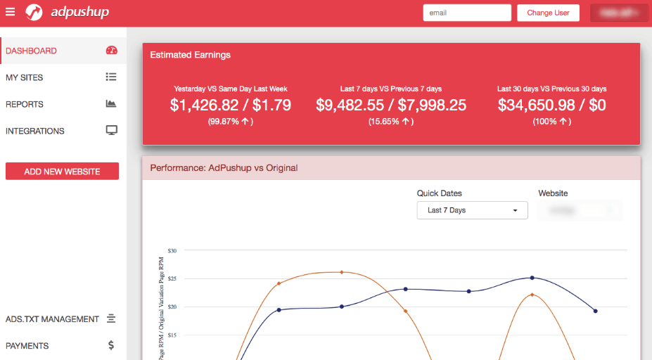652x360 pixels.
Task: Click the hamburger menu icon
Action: tap(10, 12)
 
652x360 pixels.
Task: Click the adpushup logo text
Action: tap(79, 12)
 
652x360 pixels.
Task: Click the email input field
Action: tap(467, 13)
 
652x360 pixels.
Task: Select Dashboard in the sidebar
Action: tap(32, 51)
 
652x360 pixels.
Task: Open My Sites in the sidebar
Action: tap(25, 77)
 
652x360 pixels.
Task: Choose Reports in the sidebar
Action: tap(25, 104)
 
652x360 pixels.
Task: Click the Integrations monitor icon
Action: tap(111, 131)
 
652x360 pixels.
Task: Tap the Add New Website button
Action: tap(62, 172)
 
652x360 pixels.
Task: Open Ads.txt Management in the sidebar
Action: tap(52, 319)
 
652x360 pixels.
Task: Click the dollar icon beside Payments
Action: tap(111, 345)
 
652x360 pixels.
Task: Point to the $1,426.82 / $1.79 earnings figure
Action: tap(231, 105)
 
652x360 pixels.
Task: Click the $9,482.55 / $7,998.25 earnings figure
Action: tap(391, 105)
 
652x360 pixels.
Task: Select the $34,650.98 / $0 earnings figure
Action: tap(551, 105)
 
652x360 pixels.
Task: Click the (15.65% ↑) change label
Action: tap(391, 122)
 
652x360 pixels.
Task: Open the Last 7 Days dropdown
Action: tap(472, 210)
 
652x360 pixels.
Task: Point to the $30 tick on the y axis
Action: tap(172, 250)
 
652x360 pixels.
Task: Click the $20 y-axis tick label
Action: tap(172, 307)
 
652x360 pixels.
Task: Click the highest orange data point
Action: tap(342, 272)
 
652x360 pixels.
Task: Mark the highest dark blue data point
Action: tap(532, 278)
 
